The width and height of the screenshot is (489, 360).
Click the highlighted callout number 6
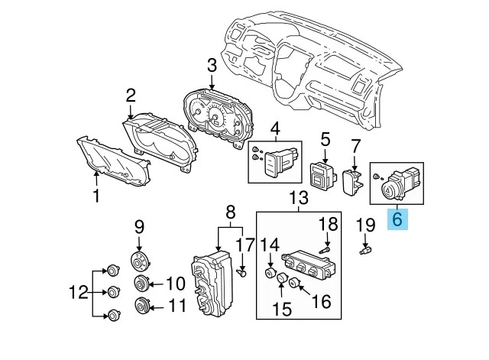coord(396,219)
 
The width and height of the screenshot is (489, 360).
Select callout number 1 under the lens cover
coord(96,197)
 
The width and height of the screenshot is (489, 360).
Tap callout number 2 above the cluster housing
coord(131,95)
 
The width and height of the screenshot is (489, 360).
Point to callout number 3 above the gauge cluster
coord(210,66)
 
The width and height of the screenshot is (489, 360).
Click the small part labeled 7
coord(353,183)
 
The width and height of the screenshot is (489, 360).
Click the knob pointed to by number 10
coord(142,285)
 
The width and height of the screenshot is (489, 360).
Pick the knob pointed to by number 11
coord(142,308)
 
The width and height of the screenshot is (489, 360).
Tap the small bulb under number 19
coord(365,250)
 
